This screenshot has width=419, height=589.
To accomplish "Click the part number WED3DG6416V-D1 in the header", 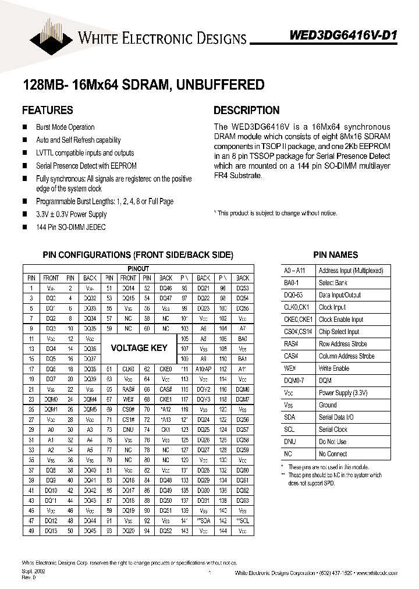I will click(343, 36).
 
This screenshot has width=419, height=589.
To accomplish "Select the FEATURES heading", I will click(47, 110).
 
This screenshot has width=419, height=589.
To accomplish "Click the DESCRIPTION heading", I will click(246, 110).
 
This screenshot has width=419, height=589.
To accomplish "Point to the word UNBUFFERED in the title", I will click(223, 85).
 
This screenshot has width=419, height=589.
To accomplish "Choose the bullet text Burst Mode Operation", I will click(65, 127).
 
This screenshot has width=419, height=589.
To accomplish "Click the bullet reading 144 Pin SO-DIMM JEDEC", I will click(71, 227).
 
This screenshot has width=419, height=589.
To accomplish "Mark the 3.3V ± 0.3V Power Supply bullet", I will click(72, 214).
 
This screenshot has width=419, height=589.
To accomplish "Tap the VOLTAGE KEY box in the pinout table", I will click(139, 347).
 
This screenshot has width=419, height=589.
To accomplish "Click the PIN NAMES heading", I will click(335, 255).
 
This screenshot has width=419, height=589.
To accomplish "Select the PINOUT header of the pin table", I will click(138, 269).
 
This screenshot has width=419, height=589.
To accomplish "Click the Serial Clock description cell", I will click(333, 430).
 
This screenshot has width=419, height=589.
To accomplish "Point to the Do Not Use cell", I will click(332, 442).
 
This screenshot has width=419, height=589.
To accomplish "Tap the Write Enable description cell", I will click(334, 368).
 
